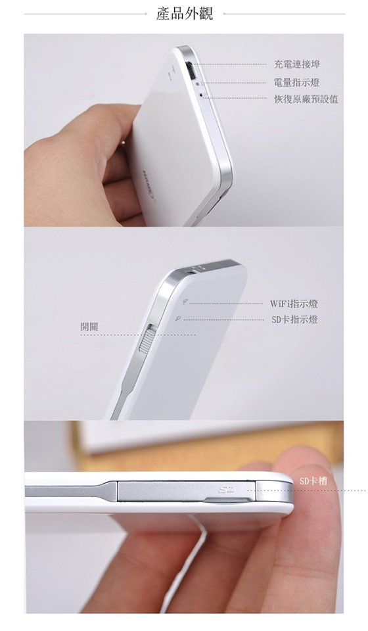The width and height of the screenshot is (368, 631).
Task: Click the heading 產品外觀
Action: pos(184,14)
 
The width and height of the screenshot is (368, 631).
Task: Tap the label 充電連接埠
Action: pos(297,64)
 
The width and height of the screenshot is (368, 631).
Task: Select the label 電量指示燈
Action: pos(297,83)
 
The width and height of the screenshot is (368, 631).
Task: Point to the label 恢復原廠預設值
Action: pos(306,99)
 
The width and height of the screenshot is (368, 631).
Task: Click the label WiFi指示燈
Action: pos(294,304)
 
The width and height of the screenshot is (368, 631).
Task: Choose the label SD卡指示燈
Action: pos(294,320)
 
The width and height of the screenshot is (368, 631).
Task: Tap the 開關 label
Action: pos(89,327)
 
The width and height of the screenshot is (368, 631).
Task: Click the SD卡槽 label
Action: pos(313,480)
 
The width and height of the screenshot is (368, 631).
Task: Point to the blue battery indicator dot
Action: pos(197,83)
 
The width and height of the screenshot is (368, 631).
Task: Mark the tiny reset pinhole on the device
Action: pos(200,95)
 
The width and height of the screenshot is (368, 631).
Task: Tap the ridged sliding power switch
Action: pos(145,339)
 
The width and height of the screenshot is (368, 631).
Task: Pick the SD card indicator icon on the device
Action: pos(178,318)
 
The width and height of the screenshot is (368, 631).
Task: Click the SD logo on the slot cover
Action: pos(227,490)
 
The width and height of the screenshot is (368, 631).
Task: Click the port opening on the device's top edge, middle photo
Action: pos(193,271)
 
